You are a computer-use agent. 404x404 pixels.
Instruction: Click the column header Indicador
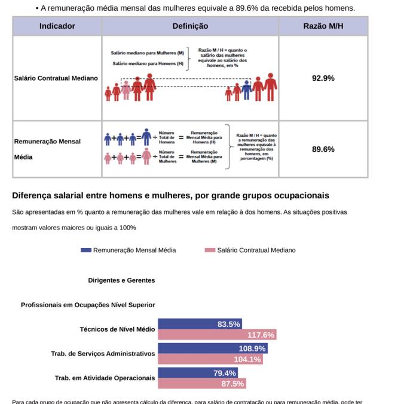point(57,26)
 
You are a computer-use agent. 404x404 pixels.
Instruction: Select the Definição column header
point(190,26)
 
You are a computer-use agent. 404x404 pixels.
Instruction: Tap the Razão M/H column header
point(323,26)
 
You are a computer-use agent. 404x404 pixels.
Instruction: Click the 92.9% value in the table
point(323,78)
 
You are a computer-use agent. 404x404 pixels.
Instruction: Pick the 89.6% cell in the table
point(323,149)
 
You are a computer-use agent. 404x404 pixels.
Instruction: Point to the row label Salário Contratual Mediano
point(56,78)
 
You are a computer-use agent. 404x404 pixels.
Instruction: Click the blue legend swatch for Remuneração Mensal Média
point(86,250)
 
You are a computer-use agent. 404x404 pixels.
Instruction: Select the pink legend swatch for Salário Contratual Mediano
point(209,250)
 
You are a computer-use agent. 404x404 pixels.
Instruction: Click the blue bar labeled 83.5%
point(200,324)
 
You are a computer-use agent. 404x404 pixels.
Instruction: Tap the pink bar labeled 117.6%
point(216,335)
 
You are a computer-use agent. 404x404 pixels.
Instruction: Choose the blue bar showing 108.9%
point(212,348)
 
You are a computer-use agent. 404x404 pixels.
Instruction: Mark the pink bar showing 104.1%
point(210,359)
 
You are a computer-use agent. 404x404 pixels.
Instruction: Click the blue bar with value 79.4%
point(197,373)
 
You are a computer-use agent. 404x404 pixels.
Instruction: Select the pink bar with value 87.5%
point(201,384)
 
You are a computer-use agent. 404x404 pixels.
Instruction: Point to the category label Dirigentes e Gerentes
point(121,280)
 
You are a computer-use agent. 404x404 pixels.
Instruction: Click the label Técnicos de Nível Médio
point(117,329)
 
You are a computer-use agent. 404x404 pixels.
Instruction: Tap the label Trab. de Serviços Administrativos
point(103,354)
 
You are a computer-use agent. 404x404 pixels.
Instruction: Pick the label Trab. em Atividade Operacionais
point(105,378)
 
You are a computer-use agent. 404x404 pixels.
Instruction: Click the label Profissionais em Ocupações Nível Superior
point(88,305)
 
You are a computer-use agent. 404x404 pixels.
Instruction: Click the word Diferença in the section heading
point(33,195)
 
